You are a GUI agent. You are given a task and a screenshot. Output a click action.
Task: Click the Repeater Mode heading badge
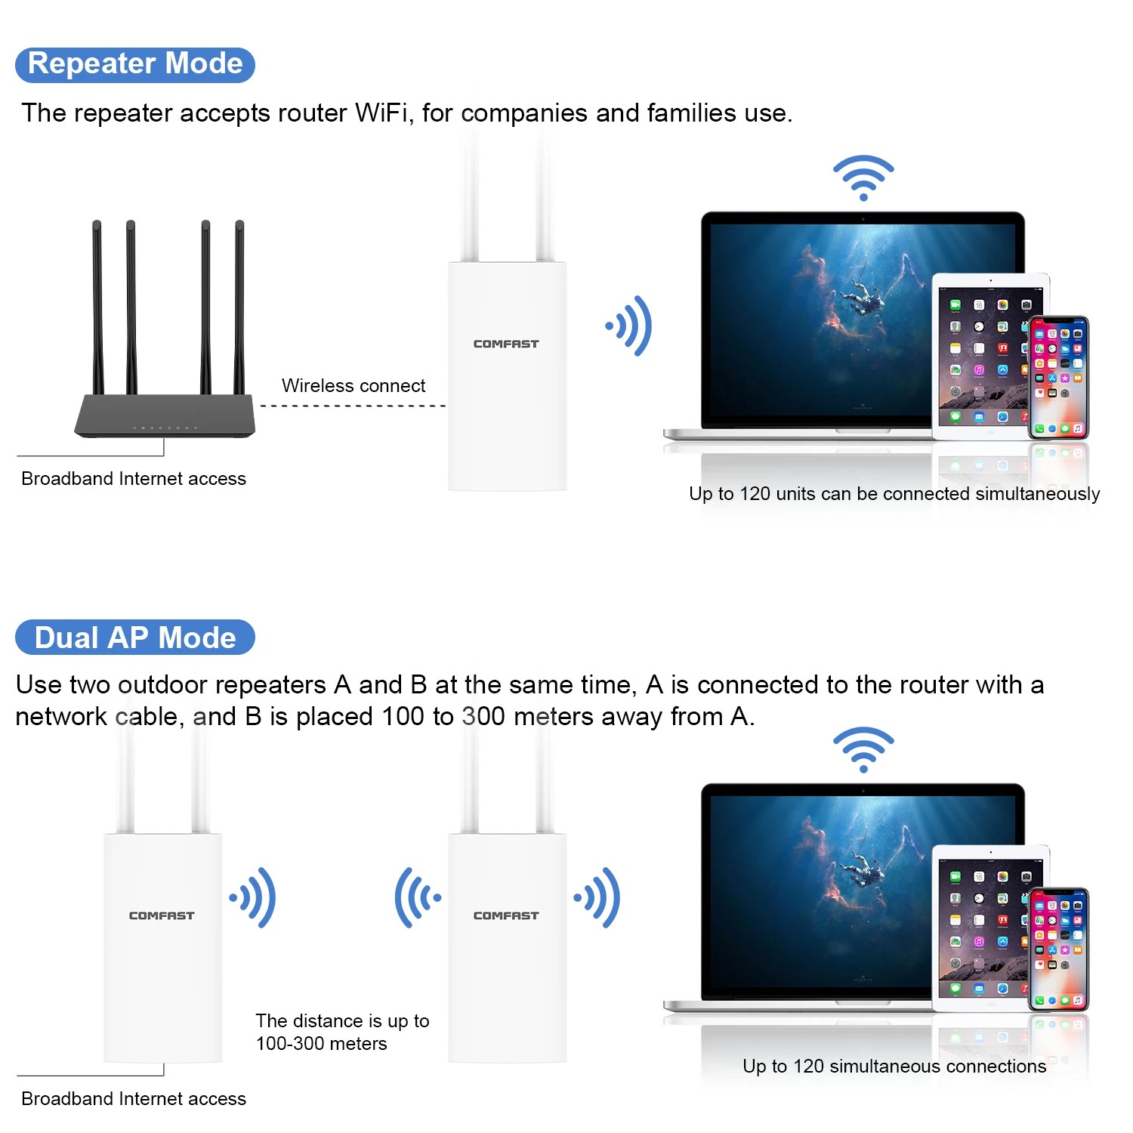tap(135, 64)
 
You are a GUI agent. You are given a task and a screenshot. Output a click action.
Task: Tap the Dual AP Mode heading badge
tap(135, 638)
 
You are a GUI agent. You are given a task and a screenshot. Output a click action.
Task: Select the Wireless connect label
tap(353, 386)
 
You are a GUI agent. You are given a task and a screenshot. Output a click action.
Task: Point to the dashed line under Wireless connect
tap(353, 406)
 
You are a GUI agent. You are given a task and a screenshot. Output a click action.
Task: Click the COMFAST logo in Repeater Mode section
tap(506, 344)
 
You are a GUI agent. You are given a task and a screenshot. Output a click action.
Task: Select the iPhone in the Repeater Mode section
tap(1058, 378)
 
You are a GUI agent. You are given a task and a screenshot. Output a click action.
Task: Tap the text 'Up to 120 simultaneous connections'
tap(894, 1067)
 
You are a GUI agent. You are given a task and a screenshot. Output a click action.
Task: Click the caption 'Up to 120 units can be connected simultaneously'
tap(894, 494)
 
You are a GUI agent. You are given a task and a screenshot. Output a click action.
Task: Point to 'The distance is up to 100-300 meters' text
tap(342, 1033)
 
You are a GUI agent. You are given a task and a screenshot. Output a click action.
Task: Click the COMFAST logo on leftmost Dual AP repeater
tap(162, 915)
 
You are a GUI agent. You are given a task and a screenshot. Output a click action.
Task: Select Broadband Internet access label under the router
tap(134, 479)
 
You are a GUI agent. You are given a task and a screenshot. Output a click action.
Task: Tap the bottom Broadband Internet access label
tap(134, 1099)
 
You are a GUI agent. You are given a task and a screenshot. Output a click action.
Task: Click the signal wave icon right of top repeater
tap(629, 326)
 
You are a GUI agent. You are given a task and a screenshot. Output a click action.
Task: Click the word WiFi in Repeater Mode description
tap(381, 113)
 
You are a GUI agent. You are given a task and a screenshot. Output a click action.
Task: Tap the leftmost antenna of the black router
tap(97, 306)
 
